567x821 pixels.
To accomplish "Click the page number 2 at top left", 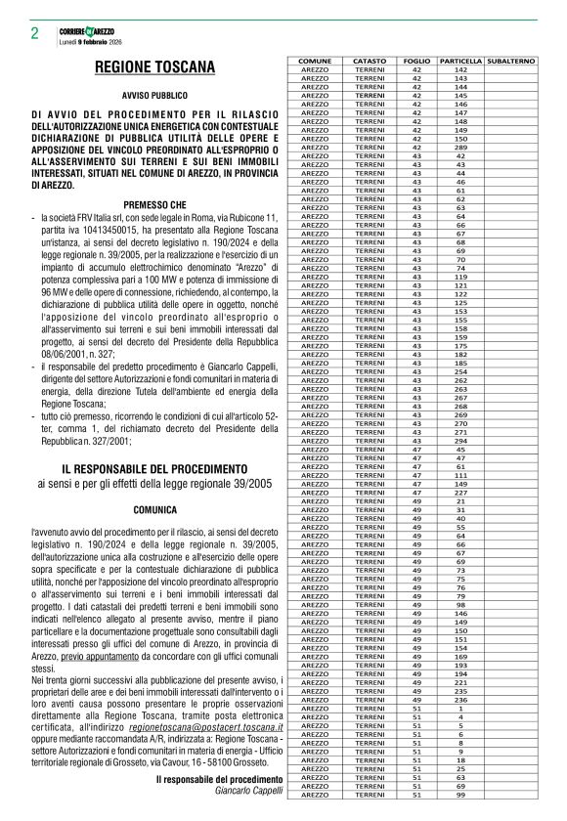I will pos(34,33).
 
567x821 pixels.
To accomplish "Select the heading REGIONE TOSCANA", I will pos(155,67).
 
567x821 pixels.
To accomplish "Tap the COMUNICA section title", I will pos(155,509).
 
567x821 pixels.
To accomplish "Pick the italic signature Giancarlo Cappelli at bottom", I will pos(248,790).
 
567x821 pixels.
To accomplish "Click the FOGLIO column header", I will pos(416,61).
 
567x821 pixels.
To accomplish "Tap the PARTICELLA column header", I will pos(461,61).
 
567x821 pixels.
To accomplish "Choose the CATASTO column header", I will pos(370,61).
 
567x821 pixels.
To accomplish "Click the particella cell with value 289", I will pos(461,148).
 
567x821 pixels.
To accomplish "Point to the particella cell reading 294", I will pos(461,440).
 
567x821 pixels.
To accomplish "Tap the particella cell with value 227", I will pos(461,492).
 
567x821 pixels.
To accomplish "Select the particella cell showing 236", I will pos(461,699).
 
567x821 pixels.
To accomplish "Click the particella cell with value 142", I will pos(461,69).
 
